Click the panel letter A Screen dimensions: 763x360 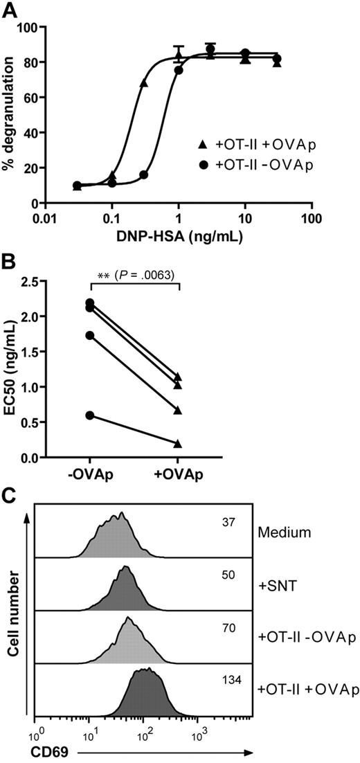(10, 9)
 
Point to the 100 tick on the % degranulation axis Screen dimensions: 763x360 (30, 27)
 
